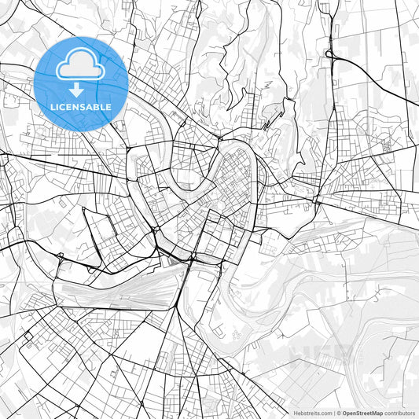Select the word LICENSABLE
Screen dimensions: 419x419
pos(81,106)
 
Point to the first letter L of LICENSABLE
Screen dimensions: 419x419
pos(53,106)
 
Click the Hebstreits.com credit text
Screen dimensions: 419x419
pos(312,412)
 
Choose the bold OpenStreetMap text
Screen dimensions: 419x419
pos(362,412)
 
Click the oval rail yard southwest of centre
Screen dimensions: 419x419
pos(118,293)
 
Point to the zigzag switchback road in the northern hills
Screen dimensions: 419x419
pos(271,118)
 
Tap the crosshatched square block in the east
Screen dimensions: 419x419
pos(386,146)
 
